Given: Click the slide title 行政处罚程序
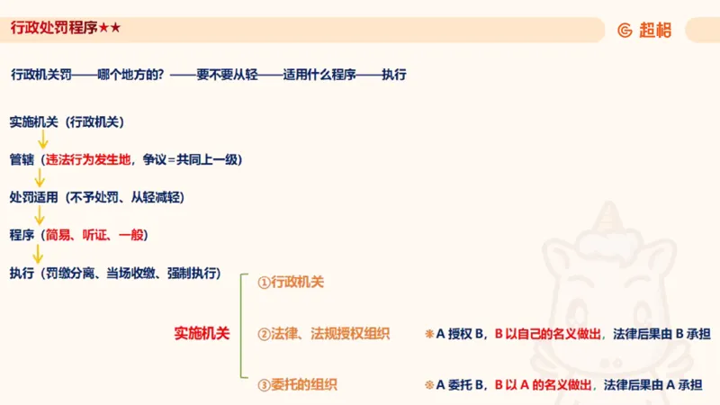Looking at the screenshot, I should click(x=54, y=29).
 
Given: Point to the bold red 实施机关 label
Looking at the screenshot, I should click(x=202, y=333).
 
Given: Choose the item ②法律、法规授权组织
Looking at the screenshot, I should click(x=323, y=334).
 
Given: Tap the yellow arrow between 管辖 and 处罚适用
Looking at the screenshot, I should click(x=40, y=178).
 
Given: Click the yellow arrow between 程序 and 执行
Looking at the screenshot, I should click(x=38, y=254).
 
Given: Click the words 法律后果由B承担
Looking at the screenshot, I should click(x=661, y=334).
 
